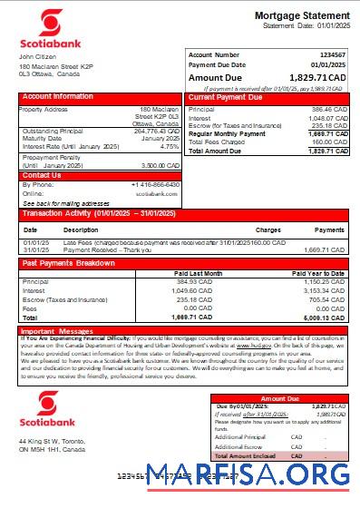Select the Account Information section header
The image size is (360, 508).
pos(58,96)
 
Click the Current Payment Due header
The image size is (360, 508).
pos(226,96)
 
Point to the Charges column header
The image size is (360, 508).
pos(268,230)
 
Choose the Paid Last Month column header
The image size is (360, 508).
pos(198,272)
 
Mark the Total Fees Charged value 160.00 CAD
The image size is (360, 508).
pos(327,142)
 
